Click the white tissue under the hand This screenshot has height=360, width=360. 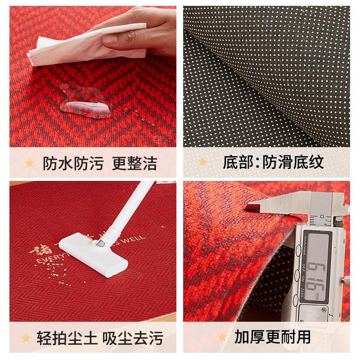67,45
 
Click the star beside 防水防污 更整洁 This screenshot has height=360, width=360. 29,163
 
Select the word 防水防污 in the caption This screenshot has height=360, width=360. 73,163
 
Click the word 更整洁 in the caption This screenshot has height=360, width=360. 135,163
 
